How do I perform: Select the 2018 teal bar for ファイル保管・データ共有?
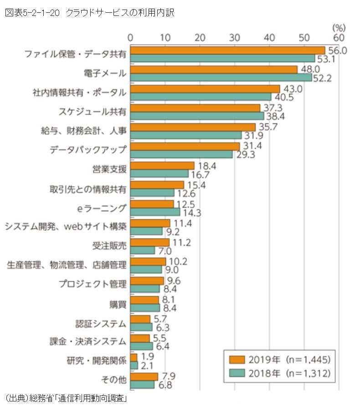tap(222, 58)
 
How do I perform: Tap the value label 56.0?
tap(338, 50)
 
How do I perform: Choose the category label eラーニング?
tap(102, 208)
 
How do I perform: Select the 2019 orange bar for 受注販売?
tap(150, 243)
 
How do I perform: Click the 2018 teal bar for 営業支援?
tap(159, 173)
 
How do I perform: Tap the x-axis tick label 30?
tap(235, 36)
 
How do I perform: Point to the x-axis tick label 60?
tap(339, 36)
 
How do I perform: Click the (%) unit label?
tap(339, 27)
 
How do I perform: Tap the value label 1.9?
tap(148, 356)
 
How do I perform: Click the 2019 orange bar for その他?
tap(144, 377)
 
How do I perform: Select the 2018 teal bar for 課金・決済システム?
tap(142, 346)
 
